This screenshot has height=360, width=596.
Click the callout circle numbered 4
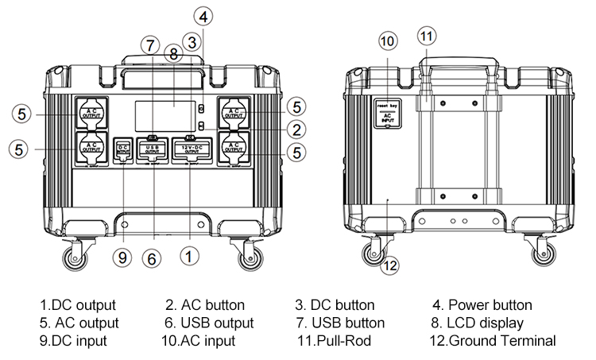click(205, 16)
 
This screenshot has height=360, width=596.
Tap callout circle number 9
click(122, 256)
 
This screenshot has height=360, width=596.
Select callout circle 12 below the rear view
click(389, 266)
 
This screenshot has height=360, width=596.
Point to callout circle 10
click(387, 41)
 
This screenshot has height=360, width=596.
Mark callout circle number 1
click(188, 256)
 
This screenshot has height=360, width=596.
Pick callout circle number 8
click(173, 55)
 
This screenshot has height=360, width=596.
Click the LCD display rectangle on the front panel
click(165, 116)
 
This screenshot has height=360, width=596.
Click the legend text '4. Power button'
click(482, 305)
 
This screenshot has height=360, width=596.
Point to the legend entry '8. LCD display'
click(478, 323)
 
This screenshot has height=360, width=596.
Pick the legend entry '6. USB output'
click(210, 323)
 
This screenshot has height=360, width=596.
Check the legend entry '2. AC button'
click(205, 305)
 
